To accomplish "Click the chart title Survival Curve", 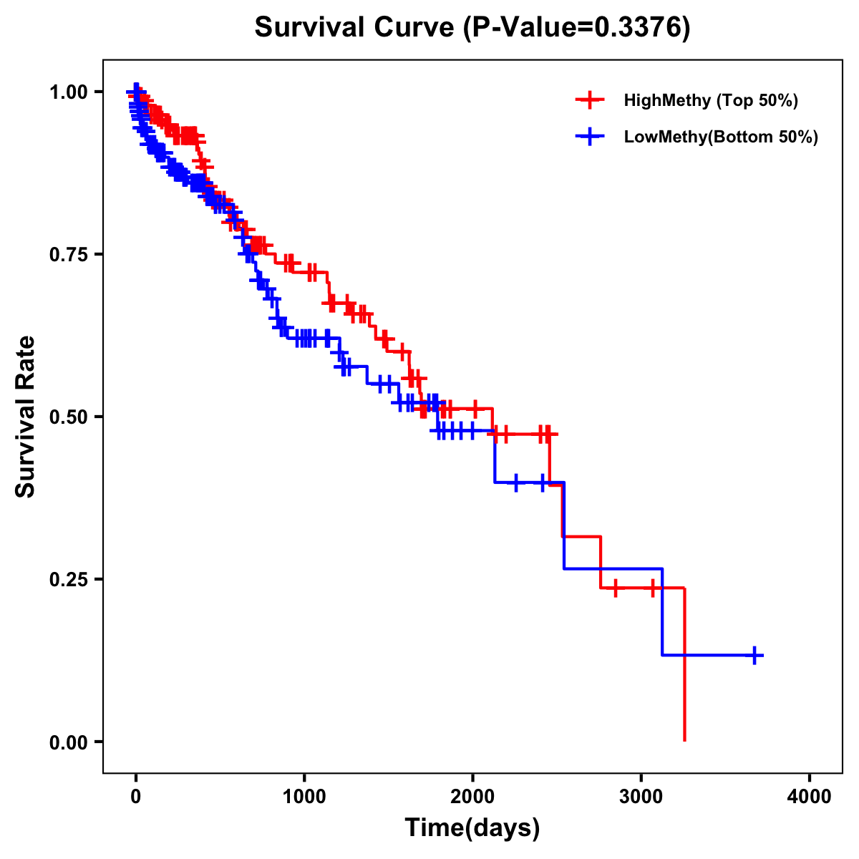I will (x=354, y=28).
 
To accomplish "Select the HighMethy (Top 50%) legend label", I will (x=710, y=100).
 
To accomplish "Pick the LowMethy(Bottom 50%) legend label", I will (x=721, y=137).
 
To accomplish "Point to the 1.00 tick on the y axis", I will (x=68, y=92).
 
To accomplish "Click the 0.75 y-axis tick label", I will (x=68, y=254).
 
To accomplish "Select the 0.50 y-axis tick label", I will (x=68, y=417).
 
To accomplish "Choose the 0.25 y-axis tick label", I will (x=68, y=579).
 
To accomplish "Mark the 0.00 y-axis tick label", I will (x=68, y=742).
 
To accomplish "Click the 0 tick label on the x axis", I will (x=136, y=797).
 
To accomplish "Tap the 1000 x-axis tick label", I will (x=304, y=797).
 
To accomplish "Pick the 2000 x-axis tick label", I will (x=472, y=797).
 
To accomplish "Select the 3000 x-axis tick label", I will (x=641, y=797).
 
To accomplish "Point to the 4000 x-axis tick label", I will (x=810, y=797).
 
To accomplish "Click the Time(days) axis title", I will (x=472, y=828).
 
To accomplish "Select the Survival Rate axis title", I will (x=26, y=417).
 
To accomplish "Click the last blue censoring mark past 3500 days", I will (x=754, y=655).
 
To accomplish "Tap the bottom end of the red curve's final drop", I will (x=685, y=739).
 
